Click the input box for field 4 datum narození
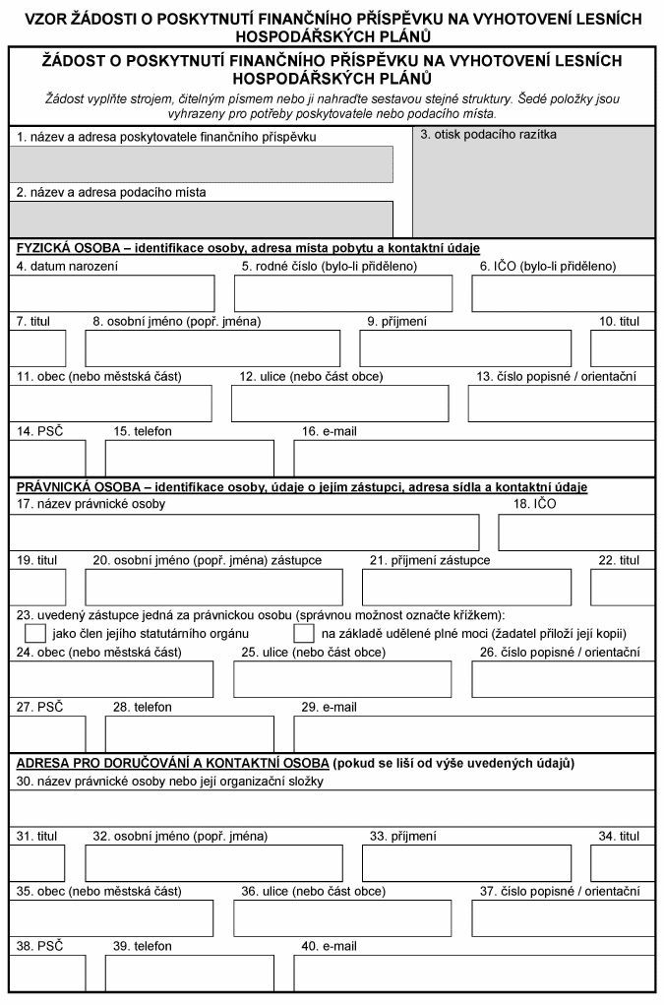(111, 293)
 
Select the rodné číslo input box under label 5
(343, 293)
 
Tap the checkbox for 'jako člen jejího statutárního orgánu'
(34, 632)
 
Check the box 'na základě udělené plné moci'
(304, 632)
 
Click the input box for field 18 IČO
(576, 532)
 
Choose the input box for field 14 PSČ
(47, 458)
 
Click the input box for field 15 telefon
(190, 458)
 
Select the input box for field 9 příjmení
(465, 348)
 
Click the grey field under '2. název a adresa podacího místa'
(201, 218)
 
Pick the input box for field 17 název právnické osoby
(244, 532)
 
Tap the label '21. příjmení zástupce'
(429, 560)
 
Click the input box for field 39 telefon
(190, 974)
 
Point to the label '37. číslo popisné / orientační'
(559, 891)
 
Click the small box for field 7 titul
(37, 348)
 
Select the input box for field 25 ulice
(343, 679)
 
